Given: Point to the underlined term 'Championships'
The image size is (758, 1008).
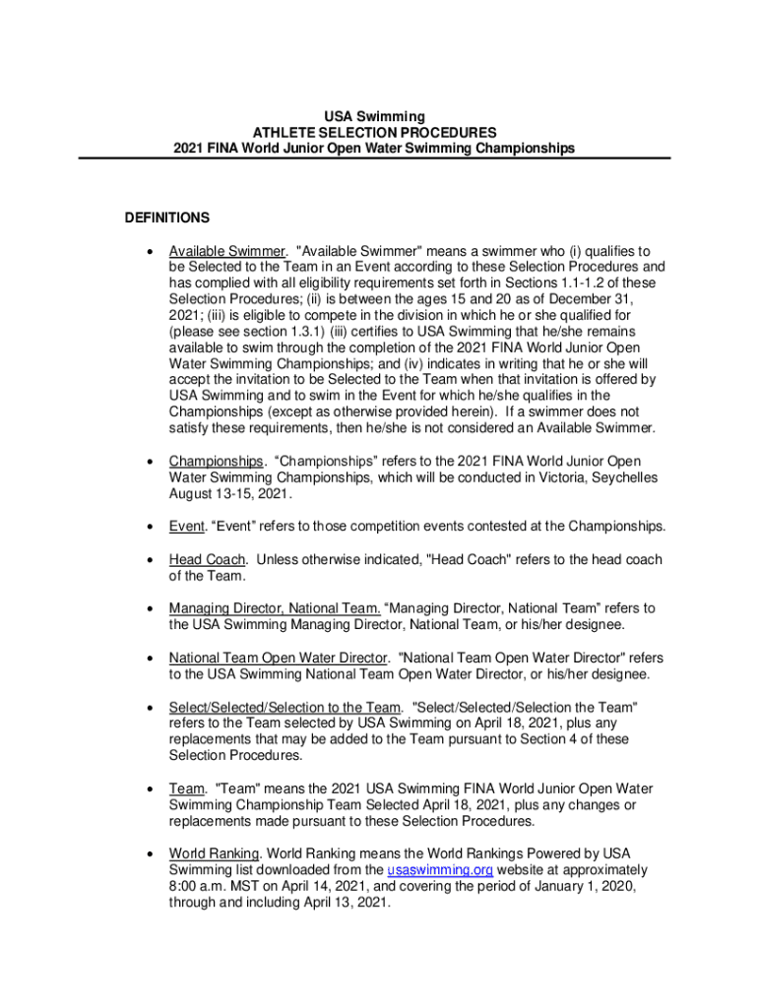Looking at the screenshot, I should (x=216, y=462).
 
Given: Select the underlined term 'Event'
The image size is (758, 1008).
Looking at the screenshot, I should (x=185, y=526).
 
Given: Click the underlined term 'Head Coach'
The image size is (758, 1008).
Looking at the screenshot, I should (x=208, y=559).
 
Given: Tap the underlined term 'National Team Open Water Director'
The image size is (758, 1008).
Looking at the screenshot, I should (x=280, y=658).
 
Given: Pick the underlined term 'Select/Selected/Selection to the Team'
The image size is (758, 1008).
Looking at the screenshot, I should (x=284, y=707).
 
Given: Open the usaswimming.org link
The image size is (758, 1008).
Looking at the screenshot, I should (x=440, y=870).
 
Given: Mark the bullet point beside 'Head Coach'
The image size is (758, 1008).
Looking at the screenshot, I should (x=149, y=560).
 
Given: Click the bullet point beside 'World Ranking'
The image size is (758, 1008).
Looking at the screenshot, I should (x=149, y=854).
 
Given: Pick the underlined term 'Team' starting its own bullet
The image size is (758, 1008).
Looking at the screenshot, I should (x=186, y=788).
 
